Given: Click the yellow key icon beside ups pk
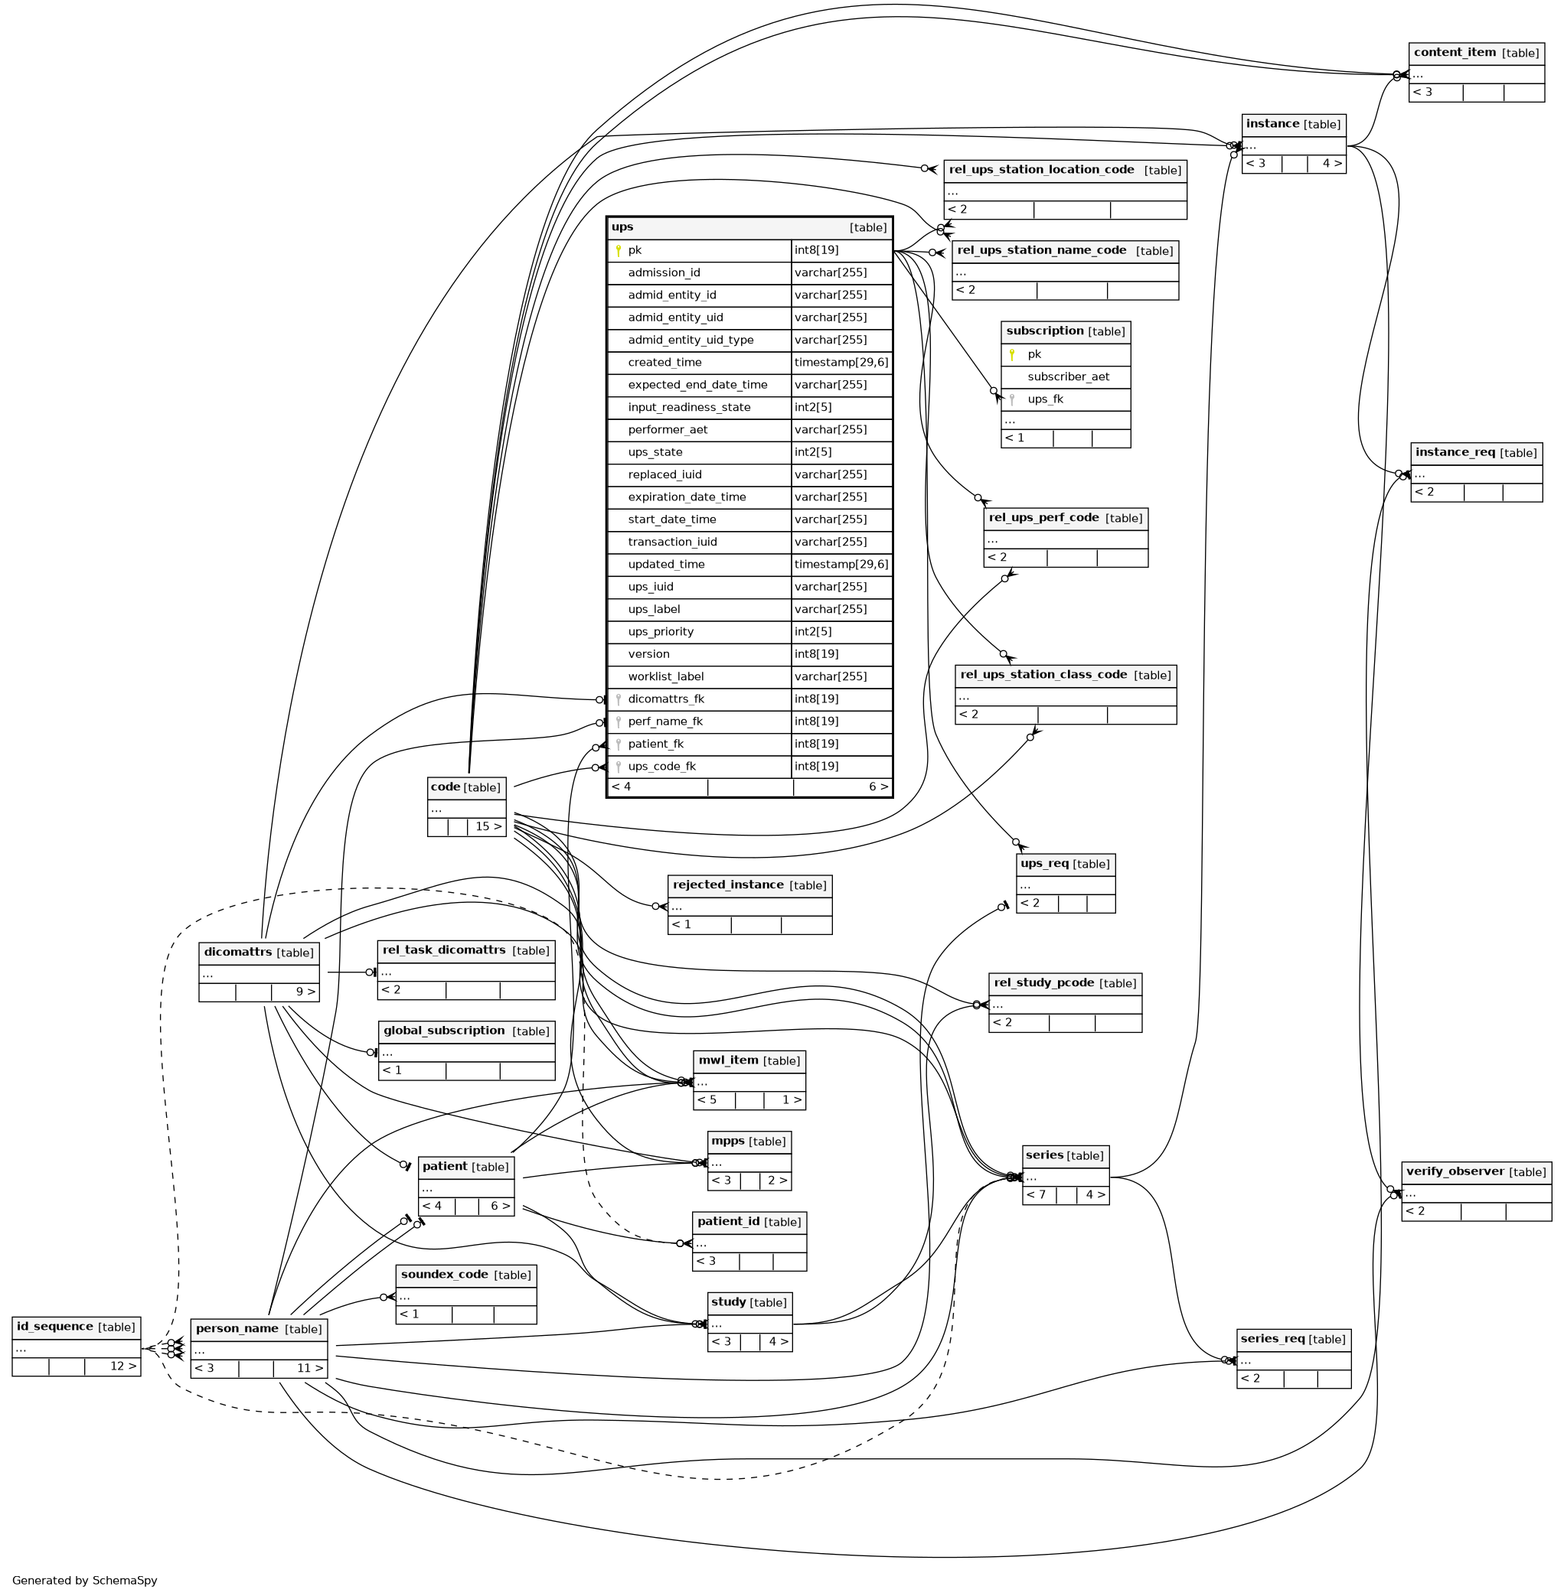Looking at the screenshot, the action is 618,251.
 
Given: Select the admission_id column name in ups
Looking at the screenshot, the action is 664,272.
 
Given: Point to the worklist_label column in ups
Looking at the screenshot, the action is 665,676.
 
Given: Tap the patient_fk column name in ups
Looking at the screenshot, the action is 655,744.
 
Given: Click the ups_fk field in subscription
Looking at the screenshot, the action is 1045,399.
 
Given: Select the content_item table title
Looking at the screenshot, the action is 1455,53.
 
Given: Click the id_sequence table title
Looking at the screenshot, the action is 54,1327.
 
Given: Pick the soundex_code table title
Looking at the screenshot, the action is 444,1275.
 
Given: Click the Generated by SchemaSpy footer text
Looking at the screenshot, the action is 85,1581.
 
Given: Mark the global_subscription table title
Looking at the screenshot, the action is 444,1031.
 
